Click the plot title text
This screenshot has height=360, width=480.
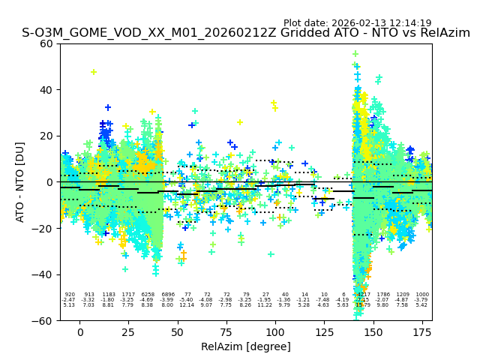[246, 33]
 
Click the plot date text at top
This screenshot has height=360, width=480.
[357, 23]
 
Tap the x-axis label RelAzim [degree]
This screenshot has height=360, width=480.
[246, 346]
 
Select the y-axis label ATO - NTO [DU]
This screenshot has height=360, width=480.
[20, 181]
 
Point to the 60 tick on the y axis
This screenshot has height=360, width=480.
[46, 43]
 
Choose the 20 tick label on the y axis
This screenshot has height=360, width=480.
[46, 136]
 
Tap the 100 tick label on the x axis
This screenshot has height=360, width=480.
[275, 332]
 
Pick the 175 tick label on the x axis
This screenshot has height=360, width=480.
[422, 332]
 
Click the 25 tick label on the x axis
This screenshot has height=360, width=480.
[128, 332]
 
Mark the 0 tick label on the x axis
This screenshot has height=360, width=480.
[79, 332]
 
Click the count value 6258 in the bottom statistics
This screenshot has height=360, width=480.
[148, 295]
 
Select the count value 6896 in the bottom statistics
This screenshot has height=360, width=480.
[167, 295]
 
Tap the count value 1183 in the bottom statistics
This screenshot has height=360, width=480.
[109, 295]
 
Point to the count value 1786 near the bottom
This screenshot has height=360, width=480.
[383, 295]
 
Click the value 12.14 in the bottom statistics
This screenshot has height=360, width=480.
[187, 305]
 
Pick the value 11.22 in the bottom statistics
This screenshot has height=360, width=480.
[265, 305]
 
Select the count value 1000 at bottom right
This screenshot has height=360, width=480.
[422, 295]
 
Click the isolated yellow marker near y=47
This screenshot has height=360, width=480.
[94, 72]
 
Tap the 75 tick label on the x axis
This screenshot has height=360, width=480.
[226, 332]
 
